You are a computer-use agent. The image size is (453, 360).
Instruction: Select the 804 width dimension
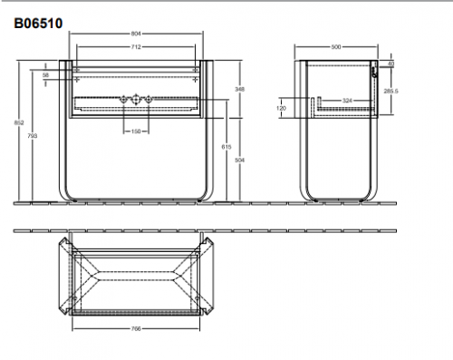(135, 34)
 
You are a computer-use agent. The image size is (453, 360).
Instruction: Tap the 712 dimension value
(135, 45)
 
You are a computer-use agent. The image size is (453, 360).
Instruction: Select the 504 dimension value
(238, 159)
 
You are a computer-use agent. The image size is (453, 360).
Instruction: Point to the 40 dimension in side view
(391, 64)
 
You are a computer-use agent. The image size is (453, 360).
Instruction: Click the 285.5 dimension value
(391, 92)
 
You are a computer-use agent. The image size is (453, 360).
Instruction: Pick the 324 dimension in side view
(347, 100)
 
